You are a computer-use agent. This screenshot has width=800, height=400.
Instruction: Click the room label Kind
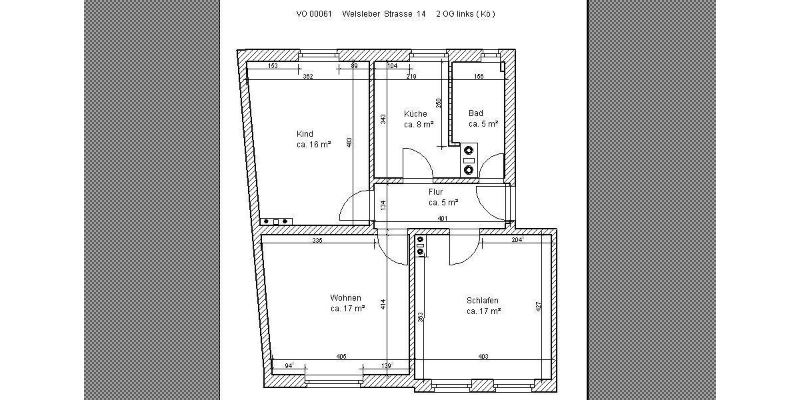[305, 133]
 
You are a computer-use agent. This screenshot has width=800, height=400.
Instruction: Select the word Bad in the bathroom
[475, 113]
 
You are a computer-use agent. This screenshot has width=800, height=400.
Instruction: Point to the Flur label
[435, 192]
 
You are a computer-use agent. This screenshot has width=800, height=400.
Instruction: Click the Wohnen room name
[345, 298]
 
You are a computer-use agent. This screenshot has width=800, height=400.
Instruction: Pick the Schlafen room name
[483, 301]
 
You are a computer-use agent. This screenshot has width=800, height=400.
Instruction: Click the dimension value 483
[349, 143]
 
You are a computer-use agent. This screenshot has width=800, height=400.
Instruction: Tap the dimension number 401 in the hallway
[442, 219]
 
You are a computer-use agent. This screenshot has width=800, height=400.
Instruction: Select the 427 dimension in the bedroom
[539, 307]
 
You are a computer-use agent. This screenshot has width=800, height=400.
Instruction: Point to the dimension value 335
[317, 240]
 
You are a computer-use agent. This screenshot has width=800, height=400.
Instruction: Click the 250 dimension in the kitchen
[438, 103]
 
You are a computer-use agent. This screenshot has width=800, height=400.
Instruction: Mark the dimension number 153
[273, 66]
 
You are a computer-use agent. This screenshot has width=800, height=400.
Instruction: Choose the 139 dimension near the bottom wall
[386, 365]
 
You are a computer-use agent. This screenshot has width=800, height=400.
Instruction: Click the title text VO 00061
[314, 13]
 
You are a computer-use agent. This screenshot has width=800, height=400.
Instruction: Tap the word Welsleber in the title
[361, 13]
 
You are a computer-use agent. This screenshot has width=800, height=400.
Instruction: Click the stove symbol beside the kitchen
[469, 160]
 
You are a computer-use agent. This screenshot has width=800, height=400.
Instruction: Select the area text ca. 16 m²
[314, 145]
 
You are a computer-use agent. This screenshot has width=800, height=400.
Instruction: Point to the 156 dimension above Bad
[479, 77]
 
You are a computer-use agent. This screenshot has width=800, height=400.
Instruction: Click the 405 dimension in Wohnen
[341, 357]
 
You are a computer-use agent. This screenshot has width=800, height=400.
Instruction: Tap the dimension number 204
[516, 240]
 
